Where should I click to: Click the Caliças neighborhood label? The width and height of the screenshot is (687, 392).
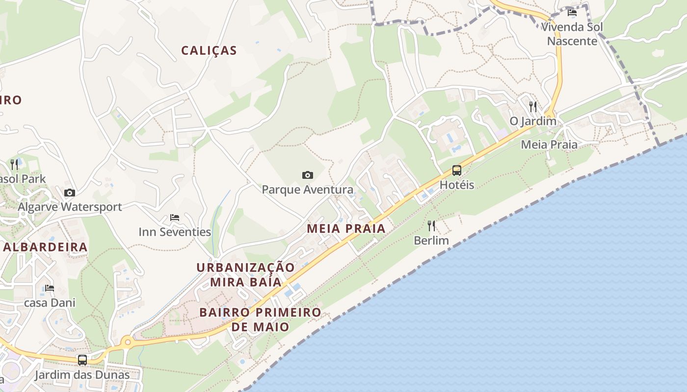tap(209, 50)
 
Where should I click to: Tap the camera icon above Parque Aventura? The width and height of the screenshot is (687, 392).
tap(308, 175)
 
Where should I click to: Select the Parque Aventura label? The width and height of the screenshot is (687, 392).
tap(308, 190)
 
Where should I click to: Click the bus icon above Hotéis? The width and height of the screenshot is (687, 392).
tap(457, 171)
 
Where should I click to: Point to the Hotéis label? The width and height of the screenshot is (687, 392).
tap(457, 185)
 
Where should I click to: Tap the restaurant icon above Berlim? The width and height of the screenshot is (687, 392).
tap(431, 226)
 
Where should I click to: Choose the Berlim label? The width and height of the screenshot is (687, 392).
tap(431, 241)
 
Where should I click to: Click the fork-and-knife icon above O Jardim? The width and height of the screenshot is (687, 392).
tap(533, 106)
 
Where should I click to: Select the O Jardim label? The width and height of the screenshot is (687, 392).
tap(533, 121)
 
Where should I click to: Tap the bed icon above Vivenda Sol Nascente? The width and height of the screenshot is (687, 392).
tap(572, 13)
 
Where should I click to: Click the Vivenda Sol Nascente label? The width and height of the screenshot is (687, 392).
tap(572, 34)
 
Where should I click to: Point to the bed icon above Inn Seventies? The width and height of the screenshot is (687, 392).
tap(175, 217)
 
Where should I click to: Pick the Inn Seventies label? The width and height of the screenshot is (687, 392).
tap(175, 232)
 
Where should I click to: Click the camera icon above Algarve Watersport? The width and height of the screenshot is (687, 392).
tap(70, 193)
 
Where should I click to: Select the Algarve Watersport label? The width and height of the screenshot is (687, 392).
tap(70, 207)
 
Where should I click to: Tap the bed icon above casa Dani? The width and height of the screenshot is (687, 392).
tap(50, 288)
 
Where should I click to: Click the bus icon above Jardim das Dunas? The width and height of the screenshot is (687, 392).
tap(82, 360)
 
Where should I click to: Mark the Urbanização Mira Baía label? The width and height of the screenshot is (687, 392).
tap(246, 274)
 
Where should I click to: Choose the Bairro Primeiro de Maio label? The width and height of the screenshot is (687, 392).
tap(260, 319)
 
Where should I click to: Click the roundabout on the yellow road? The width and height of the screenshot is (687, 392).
tap(128, 342)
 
